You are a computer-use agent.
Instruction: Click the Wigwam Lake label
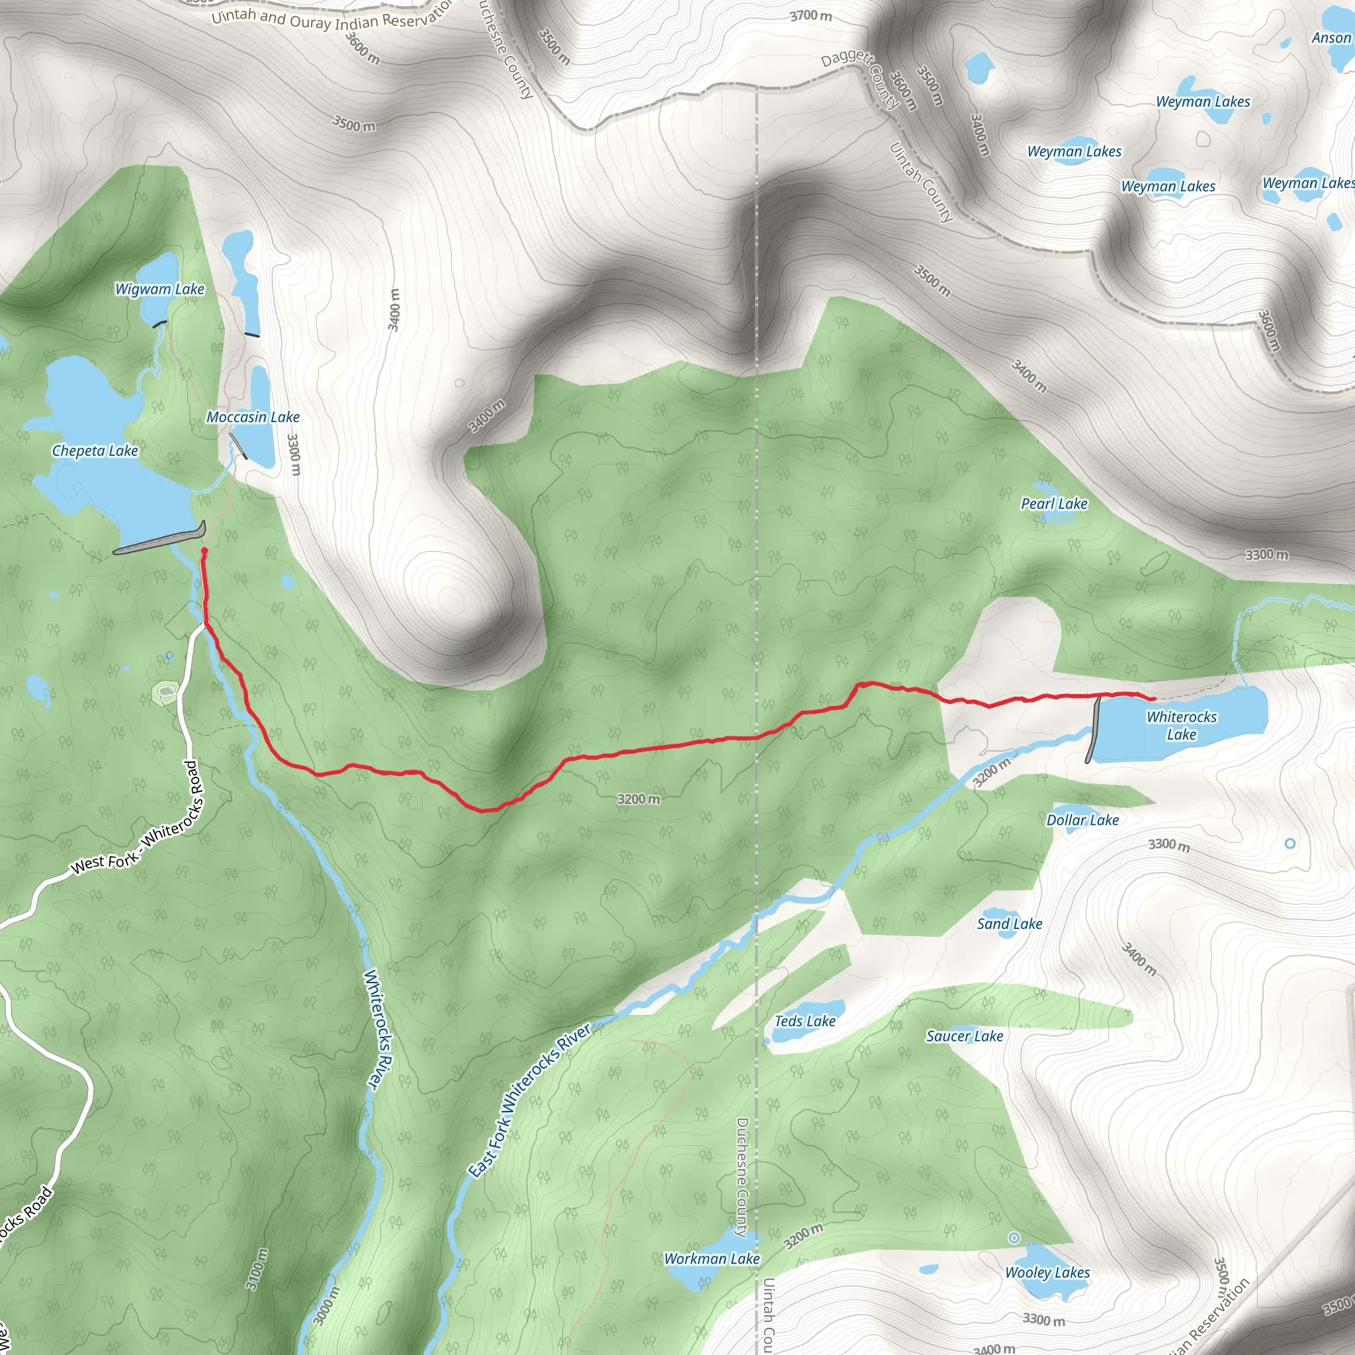159,289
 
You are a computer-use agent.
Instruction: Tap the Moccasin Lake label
253,417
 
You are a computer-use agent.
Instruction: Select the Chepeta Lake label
95,451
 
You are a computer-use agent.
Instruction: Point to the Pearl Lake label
1053,503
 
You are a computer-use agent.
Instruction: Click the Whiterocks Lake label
1181,725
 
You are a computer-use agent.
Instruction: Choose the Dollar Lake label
1082,820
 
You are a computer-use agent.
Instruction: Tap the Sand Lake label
1009,924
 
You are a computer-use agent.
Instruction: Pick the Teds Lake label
805,1021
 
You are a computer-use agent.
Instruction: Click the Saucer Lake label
965,1036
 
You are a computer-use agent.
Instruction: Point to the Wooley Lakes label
1047,1272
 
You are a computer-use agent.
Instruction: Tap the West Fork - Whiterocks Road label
140,820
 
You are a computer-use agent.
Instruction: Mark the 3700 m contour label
810,15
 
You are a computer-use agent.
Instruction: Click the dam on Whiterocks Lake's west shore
1093,729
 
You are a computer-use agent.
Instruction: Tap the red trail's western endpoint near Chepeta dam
204,552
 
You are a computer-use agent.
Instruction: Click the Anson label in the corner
1331,38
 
